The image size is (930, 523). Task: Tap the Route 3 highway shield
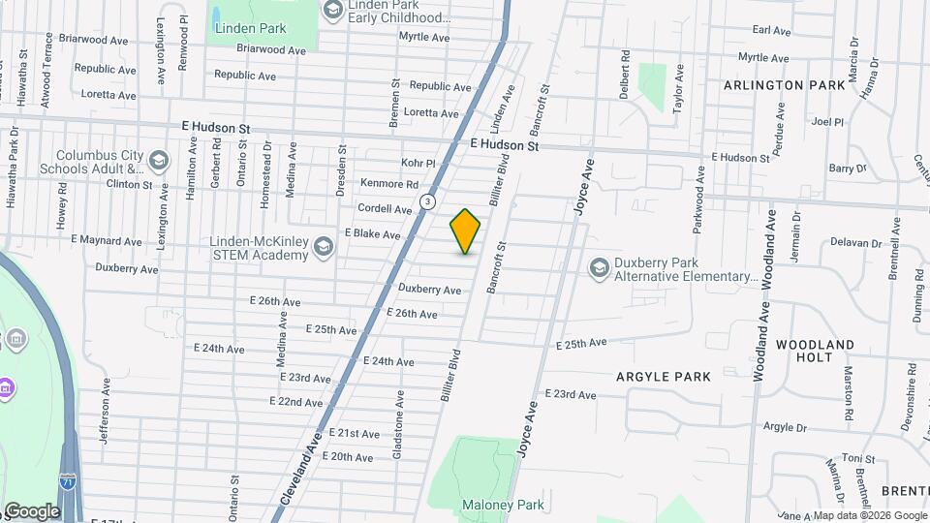click(427, 200)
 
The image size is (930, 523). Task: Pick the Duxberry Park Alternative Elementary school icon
click(600, 267)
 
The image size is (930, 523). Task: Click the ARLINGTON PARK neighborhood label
click(785, 85)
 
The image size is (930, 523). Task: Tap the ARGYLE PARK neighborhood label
click(664, 376)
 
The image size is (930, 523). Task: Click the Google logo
click(31, 510)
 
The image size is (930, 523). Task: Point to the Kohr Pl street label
click(418, 164)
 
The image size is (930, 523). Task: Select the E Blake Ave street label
click(372, 234)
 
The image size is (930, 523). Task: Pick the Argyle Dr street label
click(785, 426)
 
